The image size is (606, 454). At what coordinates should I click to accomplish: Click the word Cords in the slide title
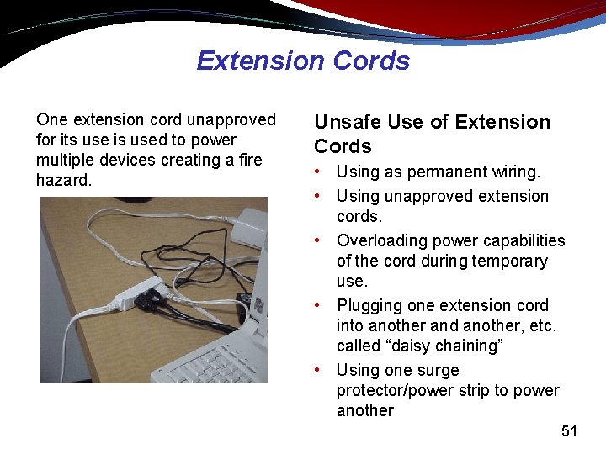coord(371,61)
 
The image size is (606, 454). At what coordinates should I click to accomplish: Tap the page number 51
coord(570,431)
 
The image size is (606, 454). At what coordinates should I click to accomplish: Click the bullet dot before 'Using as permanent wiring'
coord(320,172)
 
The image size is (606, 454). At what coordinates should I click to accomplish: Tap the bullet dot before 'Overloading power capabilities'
coord(320,241)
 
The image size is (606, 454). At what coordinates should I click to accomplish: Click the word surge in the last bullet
coord(439,370)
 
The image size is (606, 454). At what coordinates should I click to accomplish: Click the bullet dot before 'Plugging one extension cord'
coord(320,306)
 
